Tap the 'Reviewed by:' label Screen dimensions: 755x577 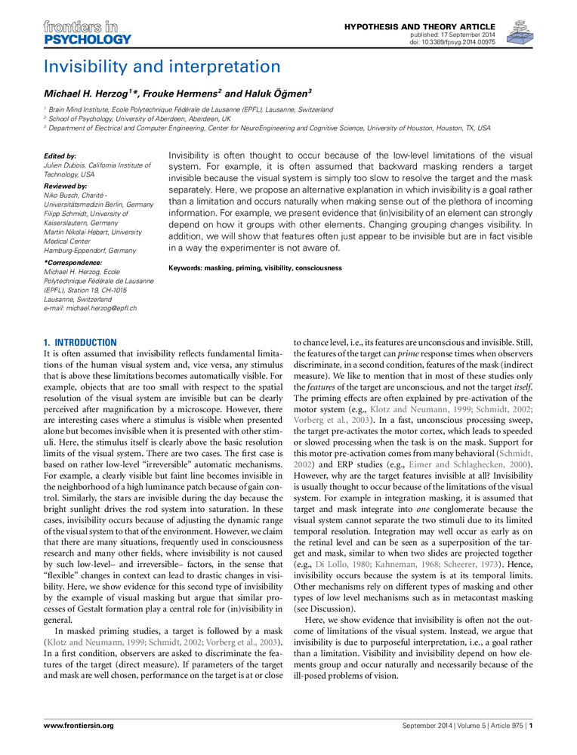(66, 185)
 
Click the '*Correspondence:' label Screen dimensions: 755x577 (72, 262)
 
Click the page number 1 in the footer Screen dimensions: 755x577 (532, 725)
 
